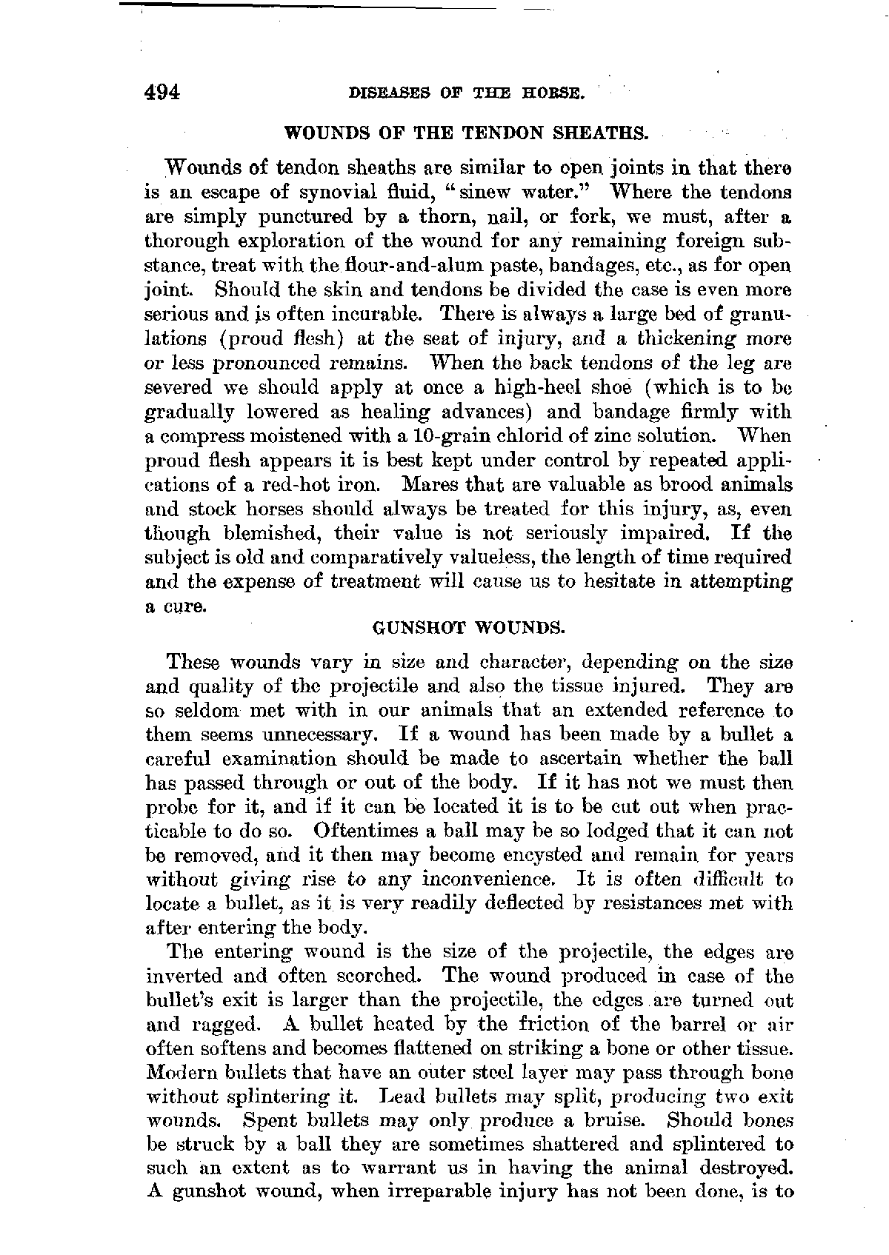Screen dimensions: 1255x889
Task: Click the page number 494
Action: coord(163,93)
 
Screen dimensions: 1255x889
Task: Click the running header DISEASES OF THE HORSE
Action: coord(467,95)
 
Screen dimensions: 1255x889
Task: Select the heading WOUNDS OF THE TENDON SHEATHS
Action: coord(467,134)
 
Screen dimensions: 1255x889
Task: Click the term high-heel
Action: coord(532,387)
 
